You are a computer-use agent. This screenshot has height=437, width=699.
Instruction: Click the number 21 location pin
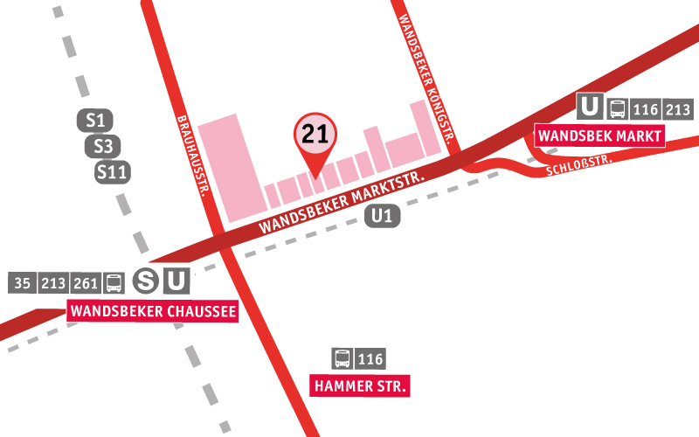(314, 135)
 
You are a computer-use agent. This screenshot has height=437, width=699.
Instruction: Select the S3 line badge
(103, 146)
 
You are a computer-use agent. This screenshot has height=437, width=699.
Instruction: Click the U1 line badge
(383, 216)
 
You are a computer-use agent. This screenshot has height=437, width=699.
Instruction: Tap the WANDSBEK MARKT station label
(599, 136)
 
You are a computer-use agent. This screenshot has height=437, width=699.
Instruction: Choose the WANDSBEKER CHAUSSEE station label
(153, 310)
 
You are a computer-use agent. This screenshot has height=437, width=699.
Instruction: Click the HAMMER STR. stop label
(360, 385)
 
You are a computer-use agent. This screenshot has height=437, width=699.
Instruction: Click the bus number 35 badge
(23, 283)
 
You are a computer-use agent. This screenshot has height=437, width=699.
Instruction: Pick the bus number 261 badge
(87, 283)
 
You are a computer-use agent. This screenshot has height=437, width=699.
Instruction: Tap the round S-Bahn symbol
(145, 281)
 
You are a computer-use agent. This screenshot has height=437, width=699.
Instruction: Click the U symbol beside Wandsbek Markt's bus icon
(590, 108)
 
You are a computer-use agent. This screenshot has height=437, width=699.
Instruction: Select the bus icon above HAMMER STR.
(343, 358)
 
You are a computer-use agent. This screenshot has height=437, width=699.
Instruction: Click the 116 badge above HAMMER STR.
(370, 358)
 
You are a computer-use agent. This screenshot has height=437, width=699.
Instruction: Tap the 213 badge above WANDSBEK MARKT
(677, 109)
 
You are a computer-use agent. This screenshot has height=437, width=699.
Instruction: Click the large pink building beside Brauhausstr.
(229, 166)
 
